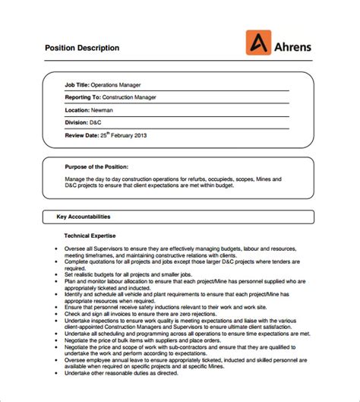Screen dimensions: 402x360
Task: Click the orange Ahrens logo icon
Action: tap(258, 42)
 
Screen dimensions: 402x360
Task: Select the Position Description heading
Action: tap(82, 48)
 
